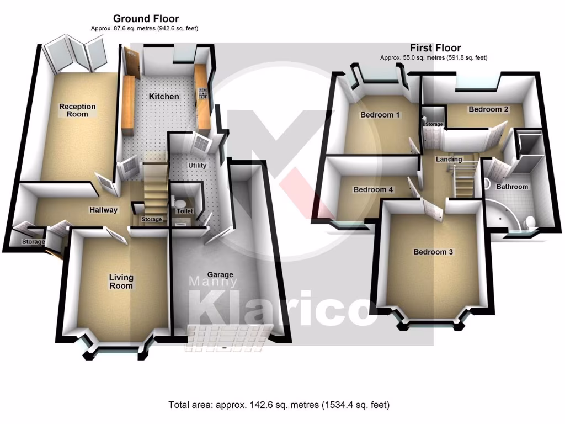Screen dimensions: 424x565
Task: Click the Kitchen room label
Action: click(x=164, y=97)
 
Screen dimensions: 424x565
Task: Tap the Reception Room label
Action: click(x=77, y=110)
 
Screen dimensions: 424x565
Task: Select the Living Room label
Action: click(x=121, y=282)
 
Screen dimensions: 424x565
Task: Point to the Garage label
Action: click(x=220, y=274)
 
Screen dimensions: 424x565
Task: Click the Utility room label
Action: click(x=197, y=165)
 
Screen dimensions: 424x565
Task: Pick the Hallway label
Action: click(x=104, y=210)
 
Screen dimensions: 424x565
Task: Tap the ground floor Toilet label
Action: click(x=181, y=211)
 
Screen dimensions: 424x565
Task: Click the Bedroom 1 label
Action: click(x=380, y=115)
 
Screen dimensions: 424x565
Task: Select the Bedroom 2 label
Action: click(x=488, y=109)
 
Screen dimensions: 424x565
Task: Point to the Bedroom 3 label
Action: click(x=433, y=252)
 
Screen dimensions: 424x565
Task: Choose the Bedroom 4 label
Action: click(x=373, y=189)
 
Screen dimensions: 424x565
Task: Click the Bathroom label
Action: click(x=512, y=187)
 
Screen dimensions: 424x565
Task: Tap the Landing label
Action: click(x=449, y=159)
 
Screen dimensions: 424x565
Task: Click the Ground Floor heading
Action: click(x=146, y=19)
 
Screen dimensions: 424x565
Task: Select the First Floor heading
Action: click(x=435, y=48)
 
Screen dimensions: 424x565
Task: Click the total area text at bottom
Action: click(x=279, y=405)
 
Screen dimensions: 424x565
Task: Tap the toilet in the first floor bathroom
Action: click(x=530, y=222)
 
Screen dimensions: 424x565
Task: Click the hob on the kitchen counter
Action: click(x=202, y=93)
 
